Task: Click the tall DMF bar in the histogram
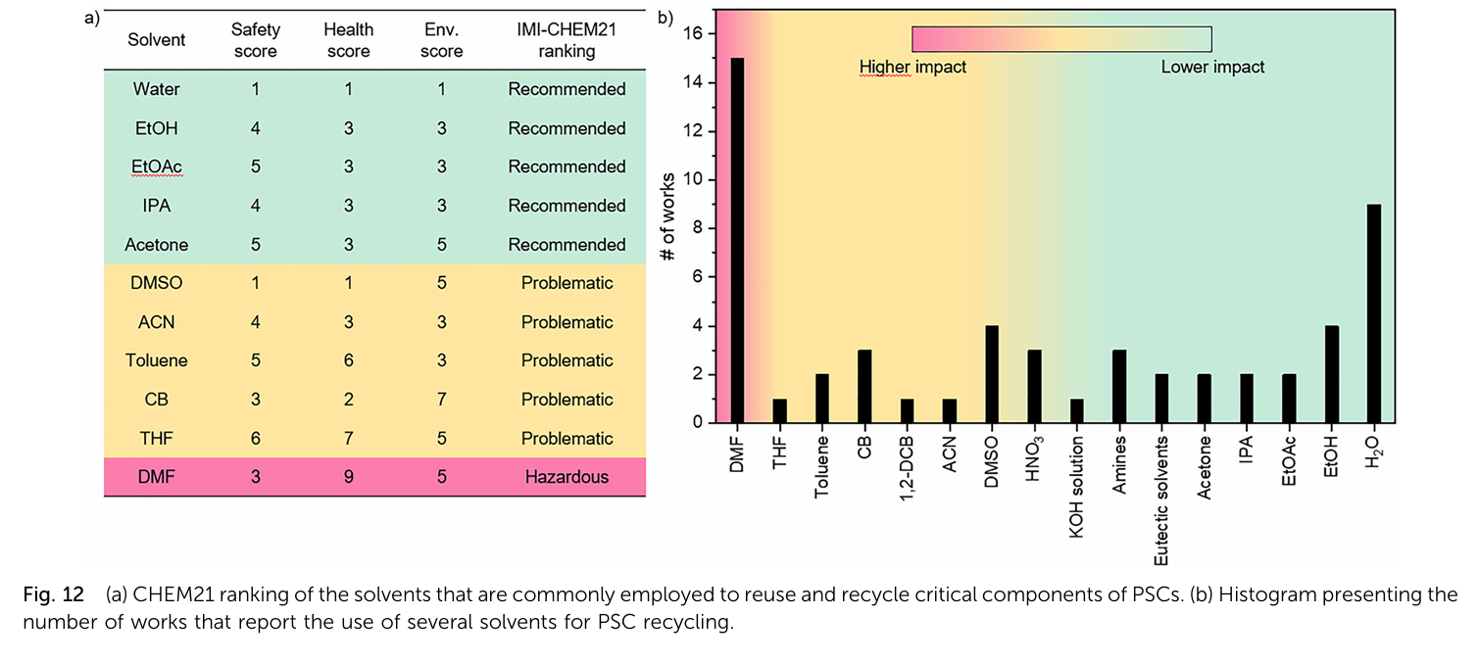(x=737, y=240)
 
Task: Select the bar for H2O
(x=1374, y=313)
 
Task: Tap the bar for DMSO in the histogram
(x=992, y=374)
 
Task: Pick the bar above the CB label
(x=864, y=386)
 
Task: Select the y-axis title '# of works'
(x=667, y=217)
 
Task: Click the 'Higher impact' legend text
(x=912, y=68)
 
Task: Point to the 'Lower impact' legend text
(x=1212, y=68)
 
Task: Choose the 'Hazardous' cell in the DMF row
(x=567, y=477)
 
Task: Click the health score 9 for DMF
(x=348, y=477)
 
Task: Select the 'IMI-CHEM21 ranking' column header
(x=567, y=41)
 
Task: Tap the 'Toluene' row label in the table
(x=157, y=360)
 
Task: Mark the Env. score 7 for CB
(x=441, y=400)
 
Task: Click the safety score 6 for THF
(x=255, y=439)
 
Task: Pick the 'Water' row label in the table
(x=157, y=89)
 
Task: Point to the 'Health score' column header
(x=348, y=41)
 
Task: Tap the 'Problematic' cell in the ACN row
(x=567, y=322)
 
